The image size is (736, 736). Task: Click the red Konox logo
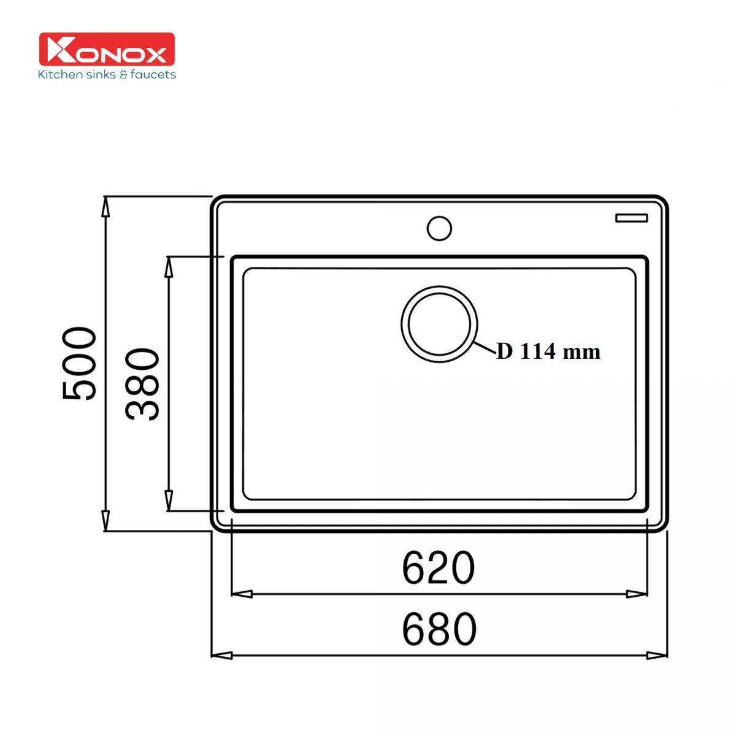pyautogui.click(x=107, y=49)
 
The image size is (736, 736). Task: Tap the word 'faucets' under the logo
pyautogui.click(x=153, y=74)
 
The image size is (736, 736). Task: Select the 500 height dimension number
pyautogui.click(x=79, y=363)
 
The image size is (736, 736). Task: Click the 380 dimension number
pyautogui.click(x=142, y=384)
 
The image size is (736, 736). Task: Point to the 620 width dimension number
pyautogui.click(x=439, y=568)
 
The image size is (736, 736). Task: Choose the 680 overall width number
pyautogui.click(x=439, y=629)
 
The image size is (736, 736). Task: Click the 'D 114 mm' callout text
pyautogui.click(x=548, y=351)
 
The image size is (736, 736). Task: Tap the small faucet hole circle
pyautogui.click(x=439, y=228)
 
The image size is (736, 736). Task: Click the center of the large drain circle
pyautogui.click(x=439, y=324)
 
